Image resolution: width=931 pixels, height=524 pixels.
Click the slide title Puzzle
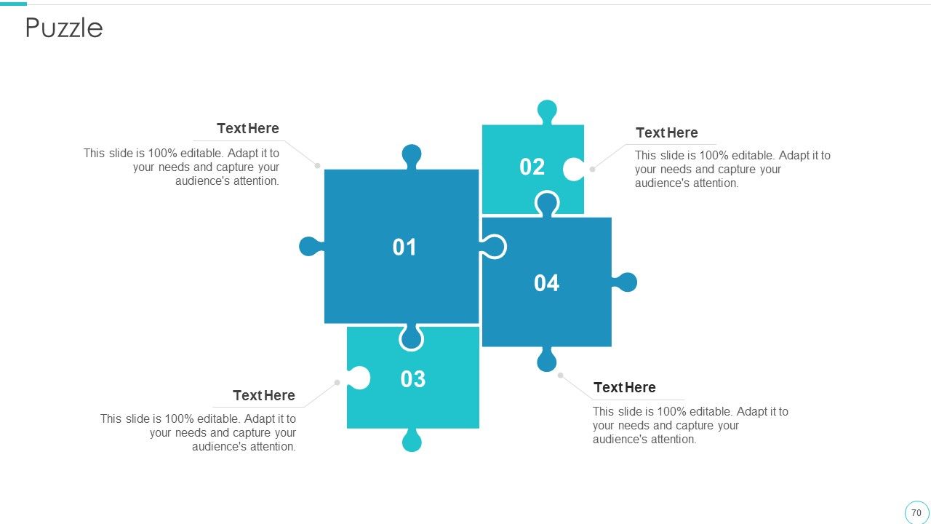(x=64, y=28)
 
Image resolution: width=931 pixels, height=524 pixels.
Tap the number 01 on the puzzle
(x=404, y=247)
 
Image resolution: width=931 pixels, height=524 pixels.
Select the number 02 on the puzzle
(x=532, y=167)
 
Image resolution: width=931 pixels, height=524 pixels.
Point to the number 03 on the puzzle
(x=412, y=379)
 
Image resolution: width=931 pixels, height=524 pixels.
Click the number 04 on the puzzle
(x=546, y=283)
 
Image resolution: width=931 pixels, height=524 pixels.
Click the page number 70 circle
(x=916, y=512)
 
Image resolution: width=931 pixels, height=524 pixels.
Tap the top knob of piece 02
(x=547, y=111)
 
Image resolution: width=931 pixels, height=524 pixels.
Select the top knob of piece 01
(x=412, y=156)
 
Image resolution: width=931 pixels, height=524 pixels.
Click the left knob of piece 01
(x=311, y=246)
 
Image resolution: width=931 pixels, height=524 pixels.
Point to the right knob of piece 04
(x=625, y=282)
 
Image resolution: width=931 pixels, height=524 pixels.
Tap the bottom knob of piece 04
(x=546, y=360)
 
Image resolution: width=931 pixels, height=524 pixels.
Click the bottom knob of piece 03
(x=412, y=440)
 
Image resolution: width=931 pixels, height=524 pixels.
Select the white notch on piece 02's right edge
(x=574, y=170)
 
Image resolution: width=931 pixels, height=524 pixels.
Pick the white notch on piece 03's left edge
(x=359, y=378)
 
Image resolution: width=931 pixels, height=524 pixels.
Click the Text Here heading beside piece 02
(x=667, y=132)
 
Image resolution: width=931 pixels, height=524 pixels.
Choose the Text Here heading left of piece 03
(x=264, y=395)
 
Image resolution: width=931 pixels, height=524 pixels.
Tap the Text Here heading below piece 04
(x=625, y=387)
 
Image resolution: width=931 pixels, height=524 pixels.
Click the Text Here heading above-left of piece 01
(x=248, y=128)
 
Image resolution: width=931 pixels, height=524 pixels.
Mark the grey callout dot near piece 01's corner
(x=318, y=165)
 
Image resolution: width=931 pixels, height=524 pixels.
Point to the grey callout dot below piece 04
(x=560, y=375)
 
